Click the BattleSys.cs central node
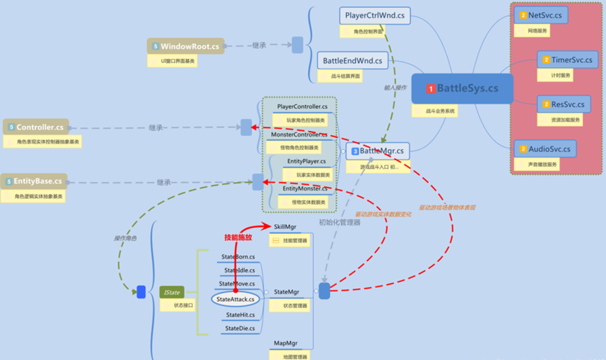point(462,88)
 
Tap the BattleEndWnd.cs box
point(352,61)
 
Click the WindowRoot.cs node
point(186,46)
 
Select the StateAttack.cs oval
point(235,299)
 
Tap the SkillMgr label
point(286,227)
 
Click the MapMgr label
point(286,344)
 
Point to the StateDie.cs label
point(240,328)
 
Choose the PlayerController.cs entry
point(302,106)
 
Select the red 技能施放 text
point(237,237)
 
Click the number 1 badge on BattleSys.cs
point(431,89)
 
